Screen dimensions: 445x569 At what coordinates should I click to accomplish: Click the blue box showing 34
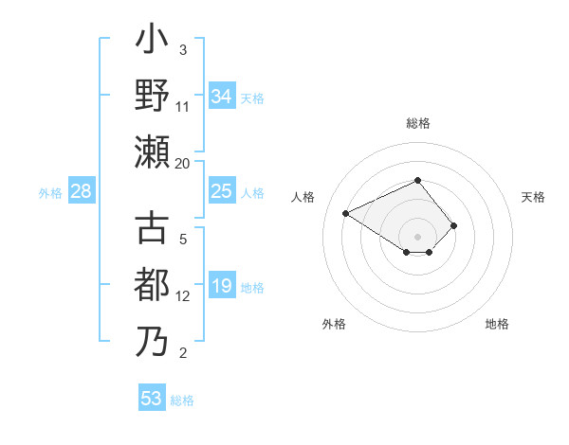[x=221, y=97]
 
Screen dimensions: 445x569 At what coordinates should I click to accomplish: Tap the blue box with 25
[x=221, y=192]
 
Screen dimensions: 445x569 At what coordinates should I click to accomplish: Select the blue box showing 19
[x=221, y=287]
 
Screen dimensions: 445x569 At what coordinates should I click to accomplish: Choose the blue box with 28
[x=82, y=192]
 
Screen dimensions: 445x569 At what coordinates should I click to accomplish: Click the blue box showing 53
[x=152, y=399]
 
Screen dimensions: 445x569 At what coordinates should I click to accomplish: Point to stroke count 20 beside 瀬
[x=183, y=163]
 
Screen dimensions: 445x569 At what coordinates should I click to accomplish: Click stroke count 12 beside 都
[x=183, y=296]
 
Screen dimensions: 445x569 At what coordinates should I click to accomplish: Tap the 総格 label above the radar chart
[x=417, y=123]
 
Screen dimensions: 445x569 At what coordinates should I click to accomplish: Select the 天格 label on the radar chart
[x=533, y=197]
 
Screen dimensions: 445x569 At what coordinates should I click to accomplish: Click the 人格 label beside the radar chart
[x=303, y=197]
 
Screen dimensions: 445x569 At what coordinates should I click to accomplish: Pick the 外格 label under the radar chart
[x=334, y=324]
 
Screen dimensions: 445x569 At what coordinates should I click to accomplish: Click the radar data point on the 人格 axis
[x=346, y=213]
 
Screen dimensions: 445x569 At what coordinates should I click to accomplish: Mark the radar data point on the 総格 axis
[x=417, y=180]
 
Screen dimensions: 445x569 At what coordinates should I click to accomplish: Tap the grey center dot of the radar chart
[x=417, y=236]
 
